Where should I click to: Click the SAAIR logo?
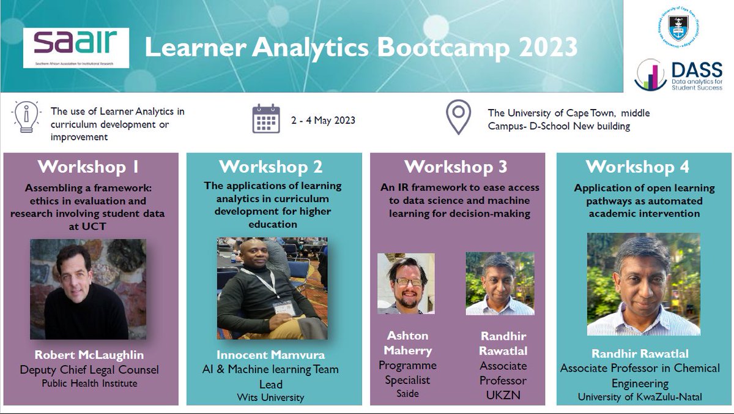pos(76,47)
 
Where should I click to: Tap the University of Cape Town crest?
pos(683,29)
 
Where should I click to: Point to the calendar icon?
pos(266,119)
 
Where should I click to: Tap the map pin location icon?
pos(458,119)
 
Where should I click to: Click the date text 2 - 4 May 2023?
pos(324,120)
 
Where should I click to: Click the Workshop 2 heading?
pos(271,167)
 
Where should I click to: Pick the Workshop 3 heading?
pos(456,167)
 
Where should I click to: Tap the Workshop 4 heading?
pos(637,167)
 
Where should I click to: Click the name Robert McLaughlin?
pos(92,356)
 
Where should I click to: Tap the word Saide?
pos(407,394)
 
